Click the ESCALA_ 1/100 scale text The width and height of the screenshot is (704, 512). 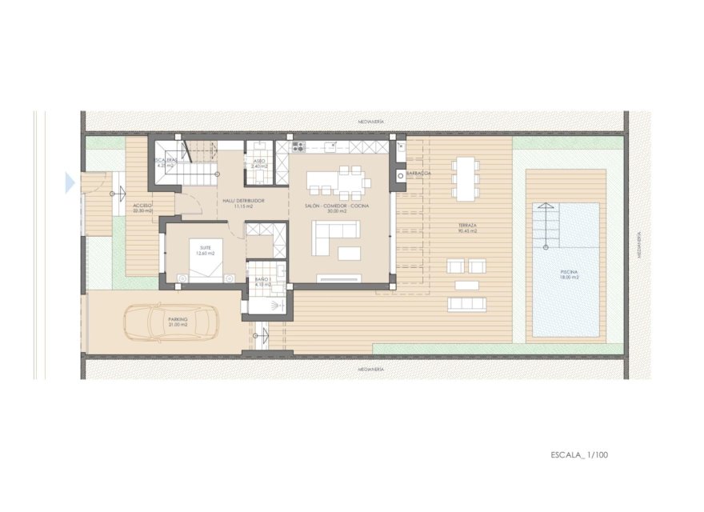point(580,455)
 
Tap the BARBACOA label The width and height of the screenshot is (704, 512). point(419,174)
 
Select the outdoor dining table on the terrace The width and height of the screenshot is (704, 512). point(465,178)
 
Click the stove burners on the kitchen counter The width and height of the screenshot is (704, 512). point(298,147)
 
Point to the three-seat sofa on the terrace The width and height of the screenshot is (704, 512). point(466,304)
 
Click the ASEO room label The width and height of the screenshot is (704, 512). point(258,161)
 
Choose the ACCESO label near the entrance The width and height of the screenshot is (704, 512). point(144,206)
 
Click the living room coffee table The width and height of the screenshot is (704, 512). point(350,254)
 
